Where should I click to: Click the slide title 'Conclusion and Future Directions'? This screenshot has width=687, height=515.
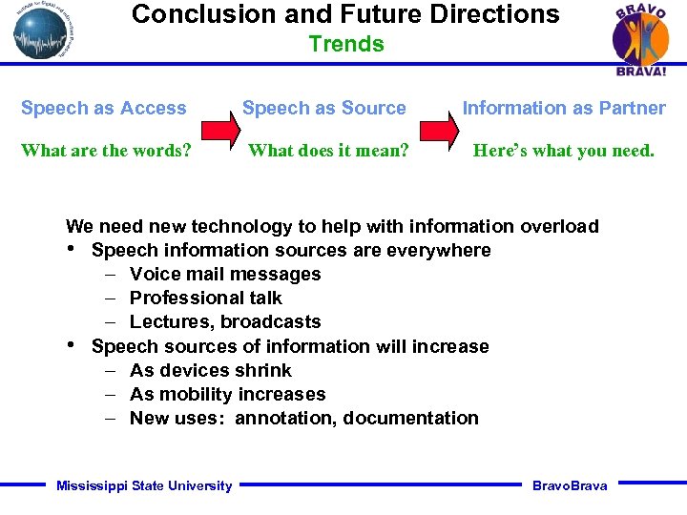coord(345,14)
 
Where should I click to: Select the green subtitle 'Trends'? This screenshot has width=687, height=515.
coord(346,44)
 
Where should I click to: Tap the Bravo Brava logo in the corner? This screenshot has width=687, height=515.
coord(639,40)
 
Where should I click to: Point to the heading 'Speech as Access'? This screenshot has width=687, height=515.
coord(104,108)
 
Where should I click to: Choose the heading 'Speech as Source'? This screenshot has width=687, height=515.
coord(324,108)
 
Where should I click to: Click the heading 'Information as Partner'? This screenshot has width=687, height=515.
coord(564,108)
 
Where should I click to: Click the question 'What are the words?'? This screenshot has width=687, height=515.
coord(106,151)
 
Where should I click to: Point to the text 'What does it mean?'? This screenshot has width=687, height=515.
coord(328,151)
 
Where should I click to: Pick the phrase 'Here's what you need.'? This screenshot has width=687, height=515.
coord(564,151)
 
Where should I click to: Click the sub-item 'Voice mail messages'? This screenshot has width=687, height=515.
coord(225,274)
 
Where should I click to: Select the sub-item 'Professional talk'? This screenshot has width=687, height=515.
coord(206,298)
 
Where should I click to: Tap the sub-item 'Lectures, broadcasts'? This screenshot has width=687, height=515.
coord(225,321)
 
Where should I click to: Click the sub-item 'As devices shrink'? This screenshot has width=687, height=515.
coord(211,370)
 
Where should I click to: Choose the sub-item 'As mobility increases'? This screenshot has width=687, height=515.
coord(228,394)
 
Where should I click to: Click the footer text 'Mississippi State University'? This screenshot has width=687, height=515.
coord(144,485)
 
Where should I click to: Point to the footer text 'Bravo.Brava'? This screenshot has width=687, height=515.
coord(570,485)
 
